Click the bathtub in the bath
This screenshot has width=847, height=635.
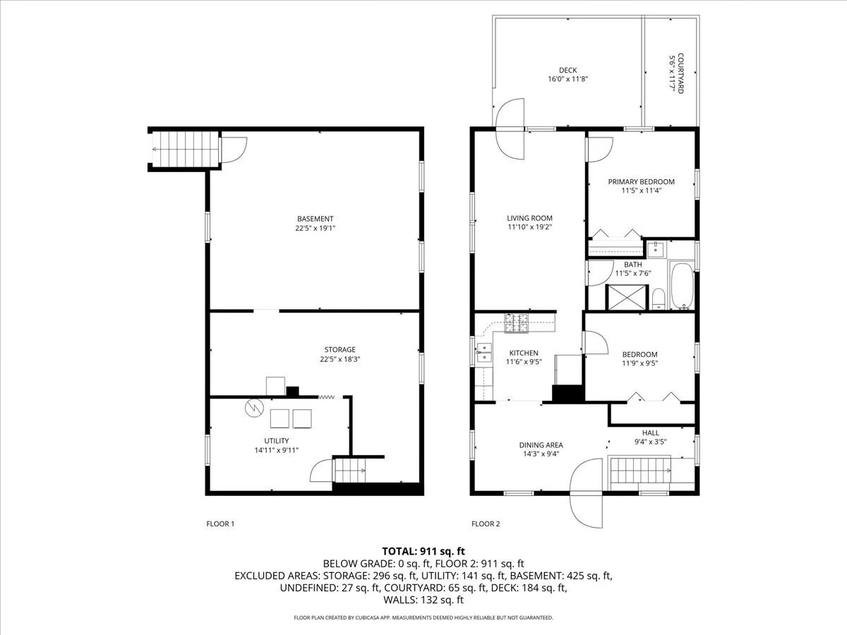pyautogui.click(x=682, y=285)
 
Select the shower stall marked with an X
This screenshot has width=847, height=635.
pyautogui.click(x=627, y=297)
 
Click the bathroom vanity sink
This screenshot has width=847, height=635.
pyautogui.click(x=655, y=249)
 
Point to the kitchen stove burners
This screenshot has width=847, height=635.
pyautogui.click(x=516, y=323)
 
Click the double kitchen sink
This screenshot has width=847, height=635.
pyautogui.click(x=485, y=353)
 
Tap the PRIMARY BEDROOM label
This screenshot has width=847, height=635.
pyautogui.click(x=642, y=181)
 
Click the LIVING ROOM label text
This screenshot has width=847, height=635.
pyautogui.click(x=529, y=218)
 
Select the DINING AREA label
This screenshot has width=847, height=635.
pyautogui.click(x=541, y=445)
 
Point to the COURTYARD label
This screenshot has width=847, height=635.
pyautogui.click(x=680, y=73)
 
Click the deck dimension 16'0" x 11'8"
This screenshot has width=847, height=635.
pyautogui.click(x=568, y=79)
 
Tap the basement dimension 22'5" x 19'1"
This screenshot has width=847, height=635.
pyautogui.click(x=316, y=228)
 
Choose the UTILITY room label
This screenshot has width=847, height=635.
pyautogui.click(x=276, y=441)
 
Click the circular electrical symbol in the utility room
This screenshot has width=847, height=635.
pyautogui.click(x=254, y=408)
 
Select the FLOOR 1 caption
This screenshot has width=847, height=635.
pyautogui.click(x=220, y=524)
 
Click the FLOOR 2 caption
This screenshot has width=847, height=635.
pyautogui.click(x=486, y=524)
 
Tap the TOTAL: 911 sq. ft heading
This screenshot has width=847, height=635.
pyautogui.click(x=423, y=551)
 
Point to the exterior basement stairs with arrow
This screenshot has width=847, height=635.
pyautogui.click(x=185, y=149)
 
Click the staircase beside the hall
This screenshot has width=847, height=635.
pyautogui.click(x=641, y=471)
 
